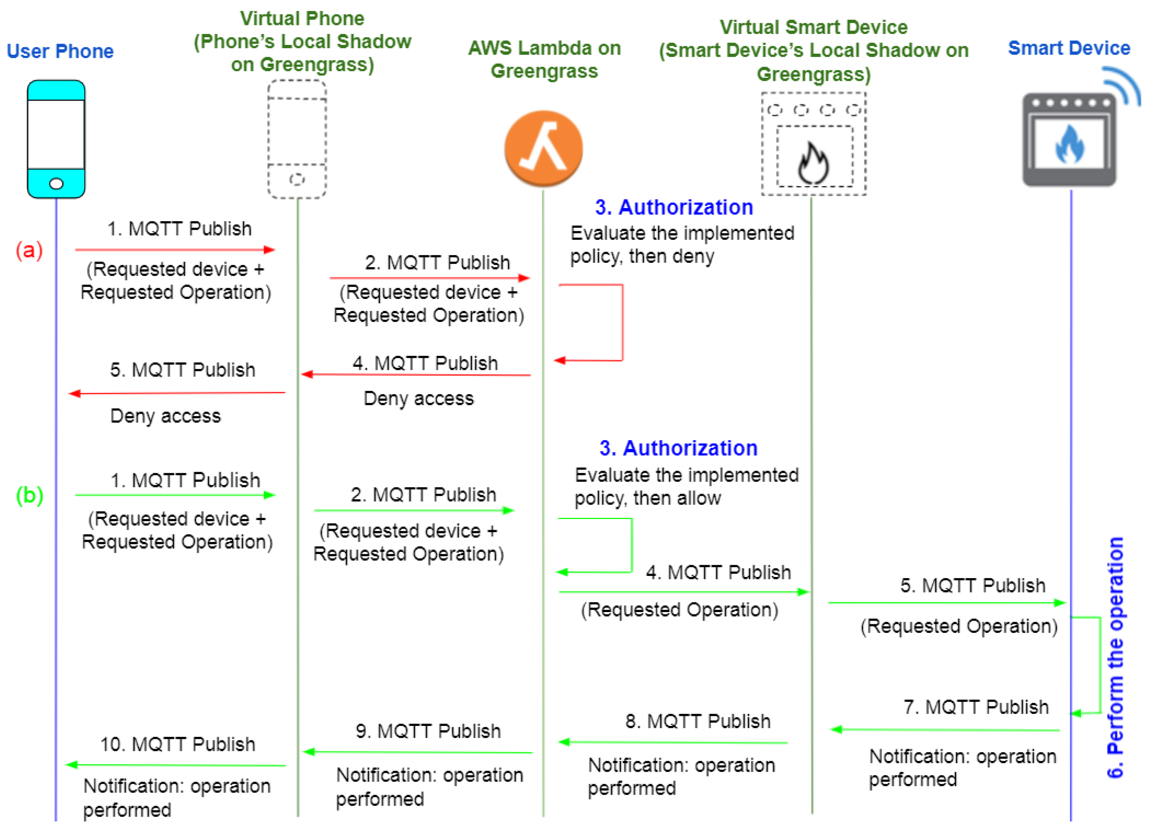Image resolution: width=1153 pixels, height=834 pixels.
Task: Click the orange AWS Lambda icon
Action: (x=544, y=149)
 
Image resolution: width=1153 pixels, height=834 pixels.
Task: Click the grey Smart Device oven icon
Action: (x=1070, y=140)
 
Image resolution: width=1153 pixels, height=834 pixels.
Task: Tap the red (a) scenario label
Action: (x=29, y=250)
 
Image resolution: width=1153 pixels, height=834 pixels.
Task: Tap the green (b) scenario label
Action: (x=29, y=495)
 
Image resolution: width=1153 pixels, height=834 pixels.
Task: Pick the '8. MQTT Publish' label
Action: (x=698, y=722)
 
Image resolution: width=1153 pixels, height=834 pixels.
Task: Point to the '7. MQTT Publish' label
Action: (x=976, y=707)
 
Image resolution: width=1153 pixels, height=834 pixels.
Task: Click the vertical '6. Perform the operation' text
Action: (x=1116, y=658)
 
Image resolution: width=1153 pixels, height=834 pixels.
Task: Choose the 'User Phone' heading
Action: (x=60, y=51)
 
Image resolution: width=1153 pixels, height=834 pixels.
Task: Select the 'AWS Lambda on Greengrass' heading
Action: (x=545, y=59)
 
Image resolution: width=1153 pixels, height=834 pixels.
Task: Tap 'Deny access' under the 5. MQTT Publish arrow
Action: (x=166, y=416)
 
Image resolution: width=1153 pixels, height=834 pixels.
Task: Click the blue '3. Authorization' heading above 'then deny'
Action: (x=674, y=207)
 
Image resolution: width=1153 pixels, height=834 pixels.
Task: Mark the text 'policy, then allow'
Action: (x=648, y=499)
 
